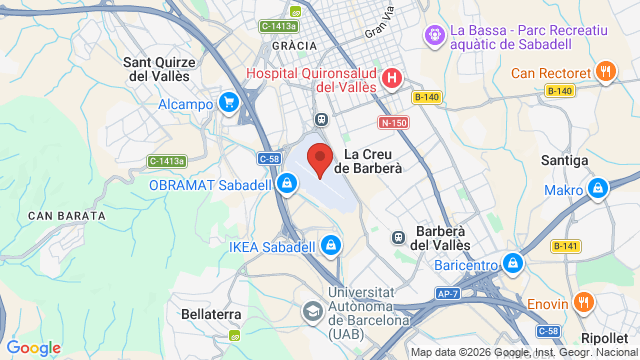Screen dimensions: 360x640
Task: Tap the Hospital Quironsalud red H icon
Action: coord(392,77)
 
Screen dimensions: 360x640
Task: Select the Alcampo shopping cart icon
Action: coord(230,102)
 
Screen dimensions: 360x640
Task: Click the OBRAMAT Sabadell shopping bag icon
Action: coord(287,184)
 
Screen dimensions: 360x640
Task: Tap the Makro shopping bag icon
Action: coord(598,189)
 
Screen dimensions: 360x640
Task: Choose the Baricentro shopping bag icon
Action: coord(513,264)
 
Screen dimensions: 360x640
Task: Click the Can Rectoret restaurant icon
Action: coord(605,72)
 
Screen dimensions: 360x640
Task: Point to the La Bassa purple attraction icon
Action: coord(434,36)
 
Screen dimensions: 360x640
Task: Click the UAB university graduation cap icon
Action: coord(312,310)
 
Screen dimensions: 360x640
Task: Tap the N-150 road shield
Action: coord(392,123)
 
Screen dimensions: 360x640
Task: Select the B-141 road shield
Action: coord(565,246)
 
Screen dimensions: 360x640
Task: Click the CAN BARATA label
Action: coord(67,215)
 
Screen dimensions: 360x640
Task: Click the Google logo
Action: coord(34,347)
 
